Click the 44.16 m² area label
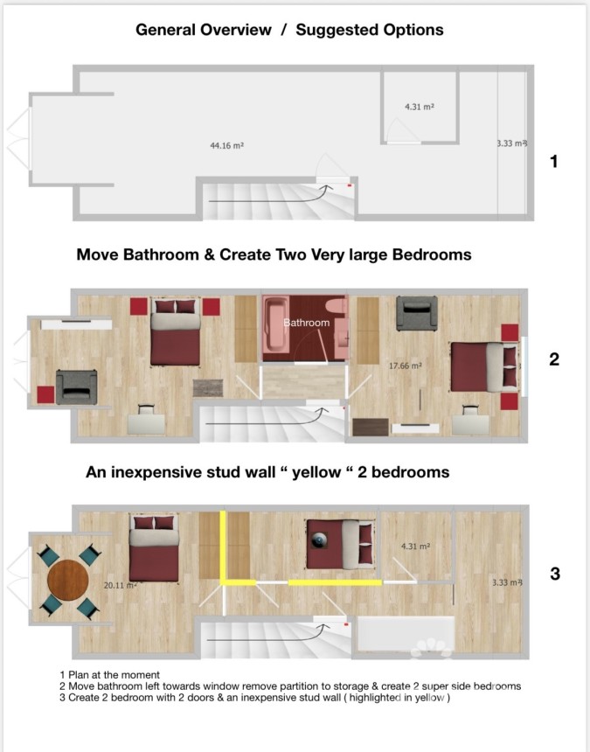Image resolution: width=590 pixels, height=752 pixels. click(x=226, y=146)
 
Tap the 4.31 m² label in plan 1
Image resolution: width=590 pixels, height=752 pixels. click(x=420, y=107)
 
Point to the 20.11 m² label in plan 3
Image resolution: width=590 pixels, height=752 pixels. click(x=119, y=586)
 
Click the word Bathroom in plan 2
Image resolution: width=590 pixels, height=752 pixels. click(x=306, y=323)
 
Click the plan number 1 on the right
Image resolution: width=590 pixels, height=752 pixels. click(x=552, y=161)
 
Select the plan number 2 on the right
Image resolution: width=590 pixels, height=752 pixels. click(x=553, y=359)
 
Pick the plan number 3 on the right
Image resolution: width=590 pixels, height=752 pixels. click(x=553, y=574)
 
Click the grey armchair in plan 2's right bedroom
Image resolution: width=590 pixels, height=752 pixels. click(x=417, y=313)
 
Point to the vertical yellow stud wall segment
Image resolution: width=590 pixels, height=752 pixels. click(x=224, y=546)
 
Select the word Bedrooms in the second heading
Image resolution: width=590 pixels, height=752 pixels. click(x=432, y=254)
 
